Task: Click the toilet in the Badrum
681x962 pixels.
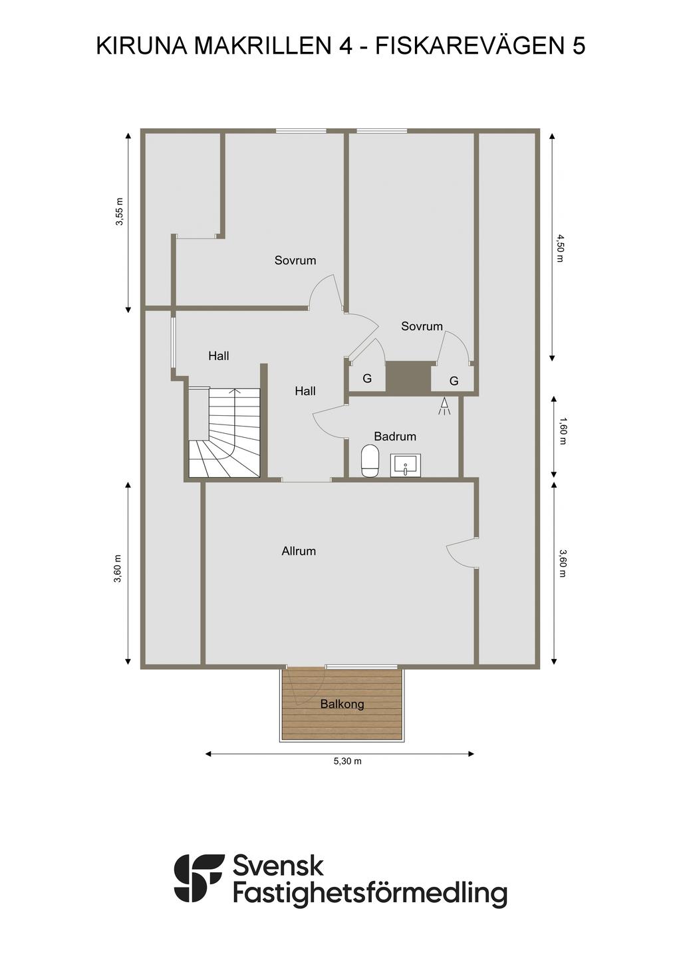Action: coord(370,461)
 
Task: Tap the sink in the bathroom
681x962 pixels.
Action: coord(406,465)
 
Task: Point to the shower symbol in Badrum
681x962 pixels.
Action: coord(444,406)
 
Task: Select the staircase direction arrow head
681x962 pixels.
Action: coord(235,391)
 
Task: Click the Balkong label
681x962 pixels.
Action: coord(342,704)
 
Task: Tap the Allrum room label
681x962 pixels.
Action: coord(299,551)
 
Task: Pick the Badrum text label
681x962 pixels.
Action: coord(395,436)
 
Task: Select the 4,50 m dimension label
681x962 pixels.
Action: coord(559,248)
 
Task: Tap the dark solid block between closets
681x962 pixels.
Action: coord(408,377)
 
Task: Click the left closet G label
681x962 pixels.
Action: coord(367,379)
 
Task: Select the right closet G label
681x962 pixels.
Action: coord(454,381)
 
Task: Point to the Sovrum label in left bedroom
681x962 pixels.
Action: coord(295,260)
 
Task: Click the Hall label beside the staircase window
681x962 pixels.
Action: coord(218,355)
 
